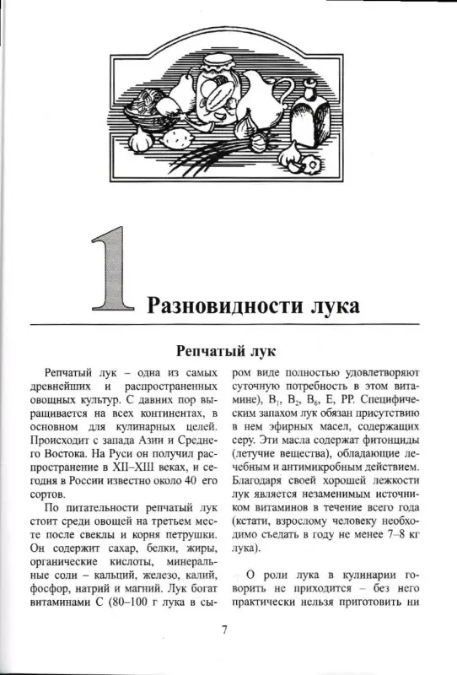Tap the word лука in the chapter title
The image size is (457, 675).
(331, 303)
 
